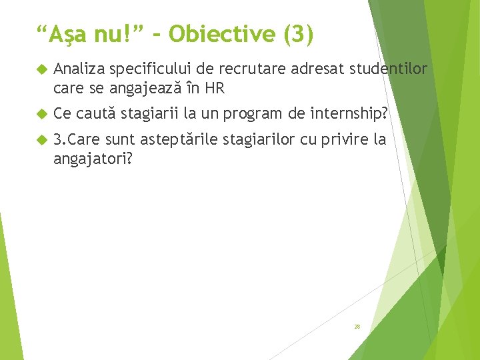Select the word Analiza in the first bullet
tap(79, 69)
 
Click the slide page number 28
tap(357, 327)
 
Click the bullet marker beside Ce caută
tap(41, 114)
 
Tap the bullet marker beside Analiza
tap(41, 69)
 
